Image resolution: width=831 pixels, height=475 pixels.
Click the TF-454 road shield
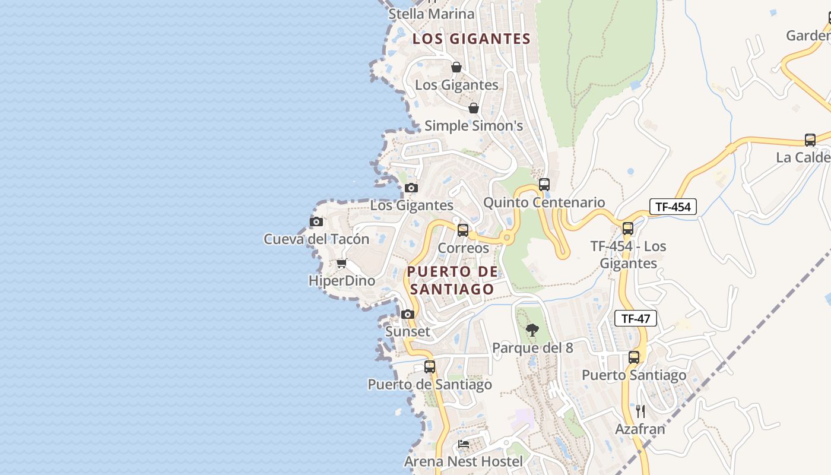(x=673, y=207)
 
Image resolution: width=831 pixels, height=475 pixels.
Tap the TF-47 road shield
(x=636, y=318)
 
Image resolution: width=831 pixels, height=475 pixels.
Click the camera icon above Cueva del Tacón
(x=316, y=221)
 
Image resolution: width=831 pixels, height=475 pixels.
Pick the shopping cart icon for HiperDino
(x=341, y=264)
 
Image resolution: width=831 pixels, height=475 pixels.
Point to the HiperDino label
(x=342, y=281)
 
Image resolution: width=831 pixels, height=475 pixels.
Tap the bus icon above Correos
(x=463, y=230)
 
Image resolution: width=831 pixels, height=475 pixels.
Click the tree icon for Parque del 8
(x=532, y=330)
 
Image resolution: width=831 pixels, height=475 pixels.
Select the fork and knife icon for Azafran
(x=640, y=411)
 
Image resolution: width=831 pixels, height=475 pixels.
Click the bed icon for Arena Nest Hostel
(x=464, y=444)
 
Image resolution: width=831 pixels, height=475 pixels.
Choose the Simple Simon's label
(x=474, y=126)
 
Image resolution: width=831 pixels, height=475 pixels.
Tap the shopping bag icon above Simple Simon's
(x=474, y=108)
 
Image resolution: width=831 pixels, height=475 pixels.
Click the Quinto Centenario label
(x=544, y=202)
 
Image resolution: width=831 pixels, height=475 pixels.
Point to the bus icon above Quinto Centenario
(x=544, y=185)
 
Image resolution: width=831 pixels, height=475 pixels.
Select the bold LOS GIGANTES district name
(x=471, y=39)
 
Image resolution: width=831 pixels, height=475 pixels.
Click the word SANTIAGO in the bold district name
(x=452, y=289)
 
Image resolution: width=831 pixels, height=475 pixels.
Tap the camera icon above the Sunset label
(x=407, y=314)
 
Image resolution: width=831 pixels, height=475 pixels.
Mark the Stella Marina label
(x=432, y=14)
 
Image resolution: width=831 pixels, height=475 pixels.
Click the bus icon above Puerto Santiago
(x=634, y=357)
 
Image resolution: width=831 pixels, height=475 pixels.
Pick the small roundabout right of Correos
(x=506, y=237)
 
